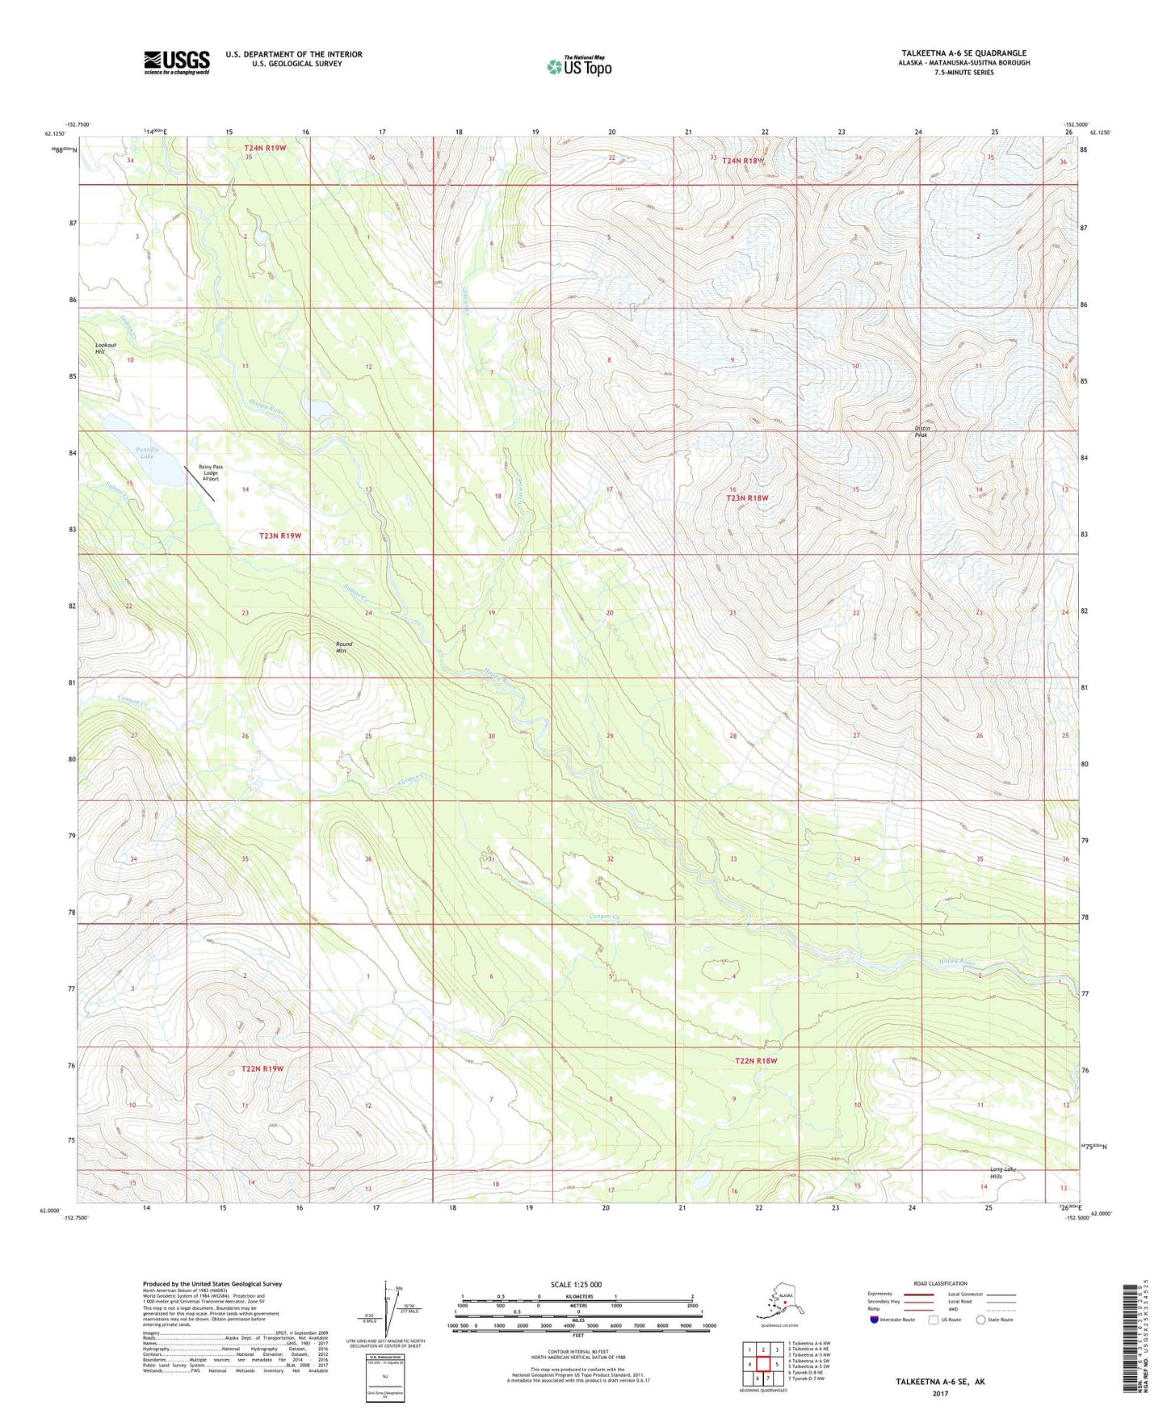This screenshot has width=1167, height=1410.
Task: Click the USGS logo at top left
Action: [x=176, y=62]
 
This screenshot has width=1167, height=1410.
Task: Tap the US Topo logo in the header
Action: [x=578, y=66]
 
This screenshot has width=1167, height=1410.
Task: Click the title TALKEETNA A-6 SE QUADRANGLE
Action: [x=963, y=53]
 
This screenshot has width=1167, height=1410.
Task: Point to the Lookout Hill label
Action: [x=106, y=348]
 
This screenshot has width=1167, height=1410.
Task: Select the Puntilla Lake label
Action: [x=146, y=453]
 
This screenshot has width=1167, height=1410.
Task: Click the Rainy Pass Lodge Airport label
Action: [x=211, y=472]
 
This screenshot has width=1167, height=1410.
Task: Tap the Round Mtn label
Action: [x=344, y=647]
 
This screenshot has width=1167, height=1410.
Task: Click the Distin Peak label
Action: [x=922, y=431]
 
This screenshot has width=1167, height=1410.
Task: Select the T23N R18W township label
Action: [x=746, y=498]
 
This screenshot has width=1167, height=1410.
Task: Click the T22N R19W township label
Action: [x=262, y=1068]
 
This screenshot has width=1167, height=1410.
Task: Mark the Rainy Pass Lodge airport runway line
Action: [x=199, y=483]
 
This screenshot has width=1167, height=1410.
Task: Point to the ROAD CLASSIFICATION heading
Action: [x=940, y=1283]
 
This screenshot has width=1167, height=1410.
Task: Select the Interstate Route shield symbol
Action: [x=874, y=1320]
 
